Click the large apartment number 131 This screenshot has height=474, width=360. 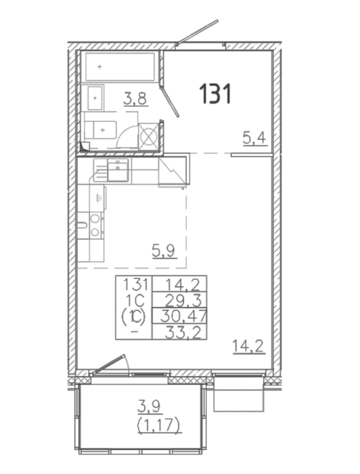pyautogui.click(x=215, y=93)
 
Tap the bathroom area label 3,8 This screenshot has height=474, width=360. pyautogui.click(x=135, y=99)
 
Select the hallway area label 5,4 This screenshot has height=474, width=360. pyautogui.click(x=254, y=138)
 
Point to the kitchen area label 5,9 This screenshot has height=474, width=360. pyautogui.click(x=164, y=251)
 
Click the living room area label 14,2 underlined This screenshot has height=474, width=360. pyautogui.click(x=248, y=346)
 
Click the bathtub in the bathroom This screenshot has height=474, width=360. pyautogui.click(x=120, y=66)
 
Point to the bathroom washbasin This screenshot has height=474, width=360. pyautogui.click(x=95, y=98)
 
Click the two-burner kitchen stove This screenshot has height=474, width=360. pyautogui.click(x=95, y=225)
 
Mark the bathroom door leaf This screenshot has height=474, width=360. pyautogui.click(x=170, y=102)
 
